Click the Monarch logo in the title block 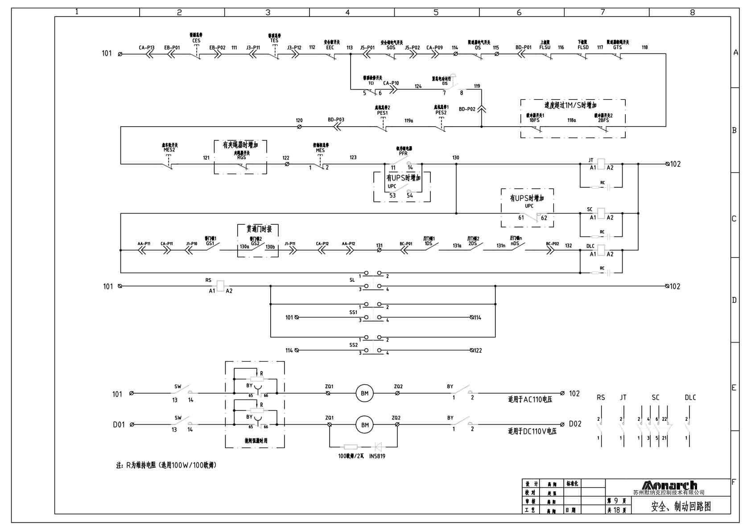(669, 485)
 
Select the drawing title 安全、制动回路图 (681, 506)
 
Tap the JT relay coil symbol (601, 164)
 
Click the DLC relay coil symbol (601, 250)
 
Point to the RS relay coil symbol (220, 286)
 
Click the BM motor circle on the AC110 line (364, 393)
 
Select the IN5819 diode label (377, 456)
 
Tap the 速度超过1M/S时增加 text (570, 106)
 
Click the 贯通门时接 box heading (259, 229)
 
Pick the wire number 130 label (455, 158)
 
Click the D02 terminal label (575, 424)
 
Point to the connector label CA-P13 (146, 48)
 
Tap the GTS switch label (617, 47)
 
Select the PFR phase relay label (403, 153)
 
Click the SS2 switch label (353, 345)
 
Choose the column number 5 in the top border (436, 12)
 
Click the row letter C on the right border (734, 219)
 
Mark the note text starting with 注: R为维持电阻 (166, 465)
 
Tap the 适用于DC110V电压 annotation (532, 431)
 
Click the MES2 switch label (169, 150)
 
